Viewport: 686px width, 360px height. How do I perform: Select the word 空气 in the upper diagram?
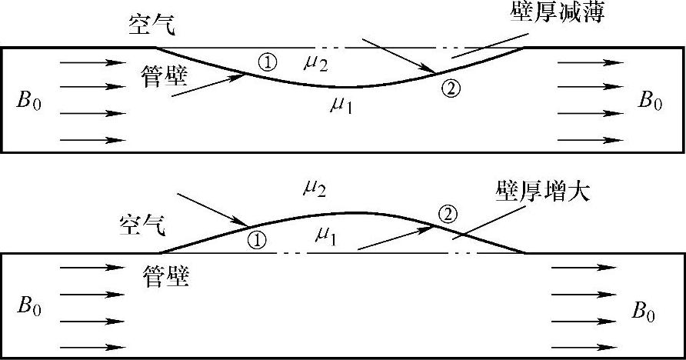click(x=152, y=26)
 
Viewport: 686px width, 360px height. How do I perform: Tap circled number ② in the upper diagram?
click(x=451, y=88)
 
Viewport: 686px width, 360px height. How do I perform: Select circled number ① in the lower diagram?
click(x=258, y=240)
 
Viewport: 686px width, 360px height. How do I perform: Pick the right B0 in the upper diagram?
click(x=649, y=102)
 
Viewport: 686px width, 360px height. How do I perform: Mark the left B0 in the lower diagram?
click(x=28, y=307)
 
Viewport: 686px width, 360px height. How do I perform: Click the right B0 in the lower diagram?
click(x=644, y=311)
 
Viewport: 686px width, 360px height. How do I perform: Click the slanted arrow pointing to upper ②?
click(x=399, y=57)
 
